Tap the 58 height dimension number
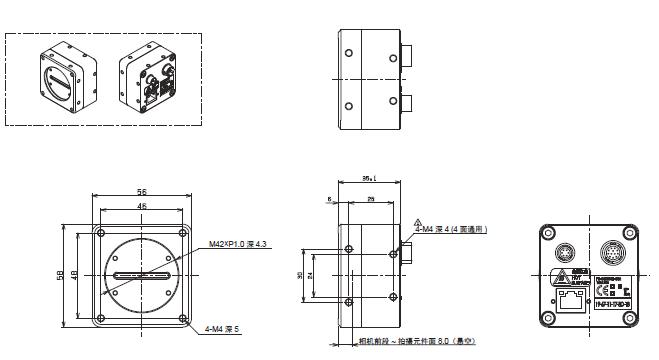[63, 274]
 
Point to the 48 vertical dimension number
[77, 274]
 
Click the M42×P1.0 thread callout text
[237, 244]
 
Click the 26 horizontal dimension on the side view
[371, 199]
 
